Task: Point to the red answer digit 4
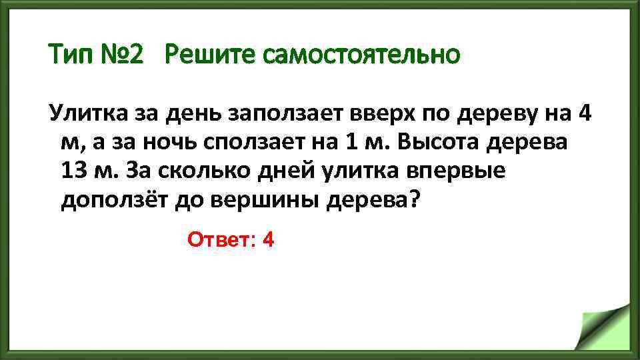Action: coord(269,239)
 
